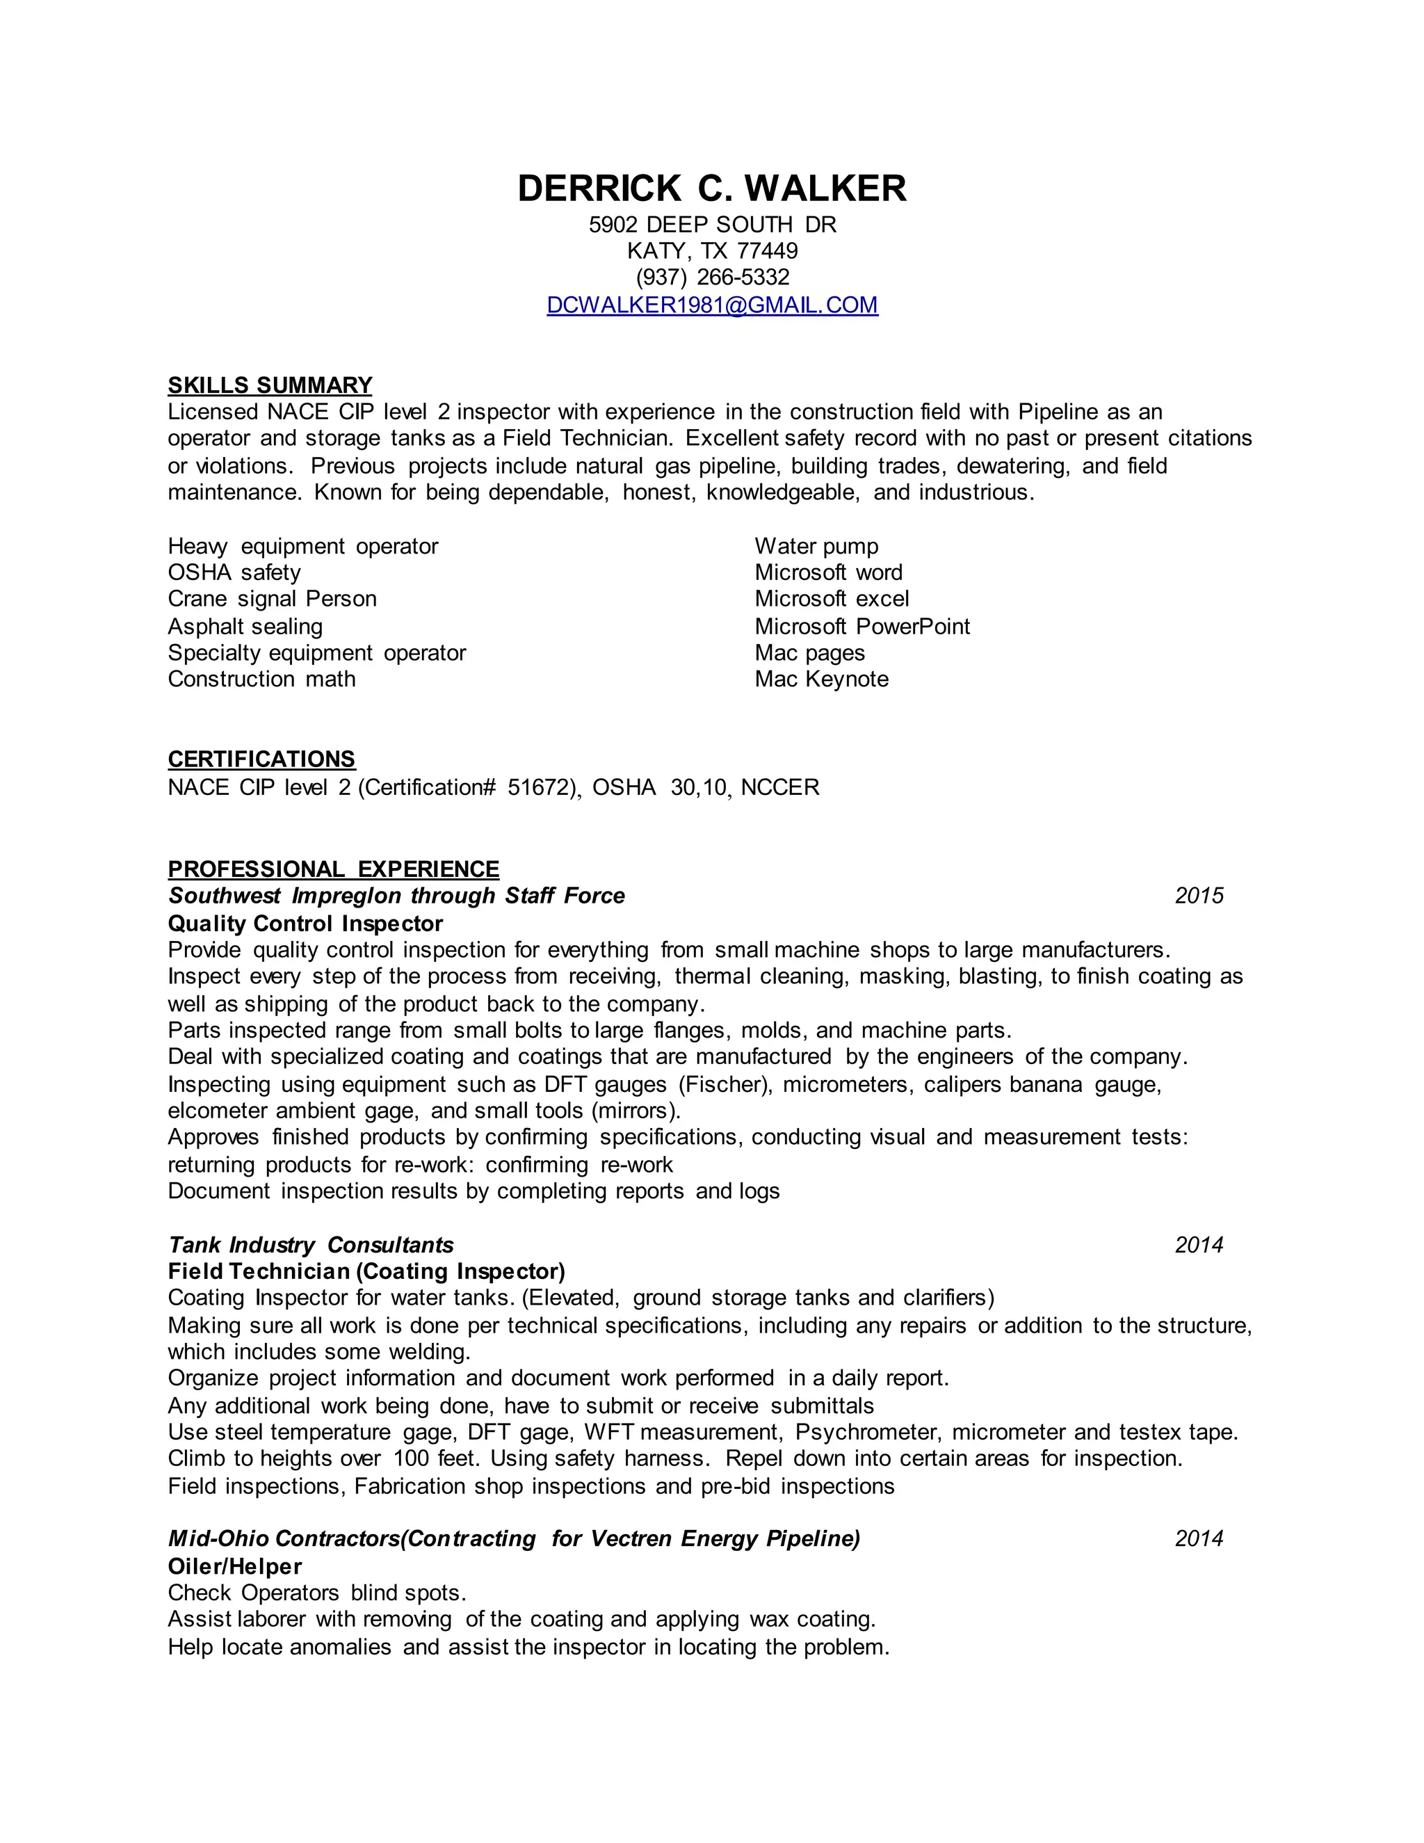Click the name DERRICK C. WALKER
(711, 188)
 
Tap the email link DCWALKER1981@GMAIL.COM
(712, 305)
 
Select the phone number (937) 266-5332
(712, 277)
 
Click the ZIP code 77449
(767, 250)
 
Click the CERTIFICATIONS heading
(261, 759)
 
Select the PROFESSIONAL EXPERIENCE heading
(333, 869)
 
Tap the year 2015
(1199, 895)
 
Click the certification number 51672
(541, 787)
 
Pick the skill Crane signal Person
(272, 598)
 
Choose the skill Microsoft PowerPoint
(862, 626)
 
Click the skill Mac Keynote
(822, 679)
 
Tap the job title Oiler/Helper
(234, 1566)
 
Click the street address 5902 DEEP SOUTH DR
(712, 225)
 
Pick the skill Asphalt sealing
(245, 626)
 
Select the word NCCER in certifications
(779, 787)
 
